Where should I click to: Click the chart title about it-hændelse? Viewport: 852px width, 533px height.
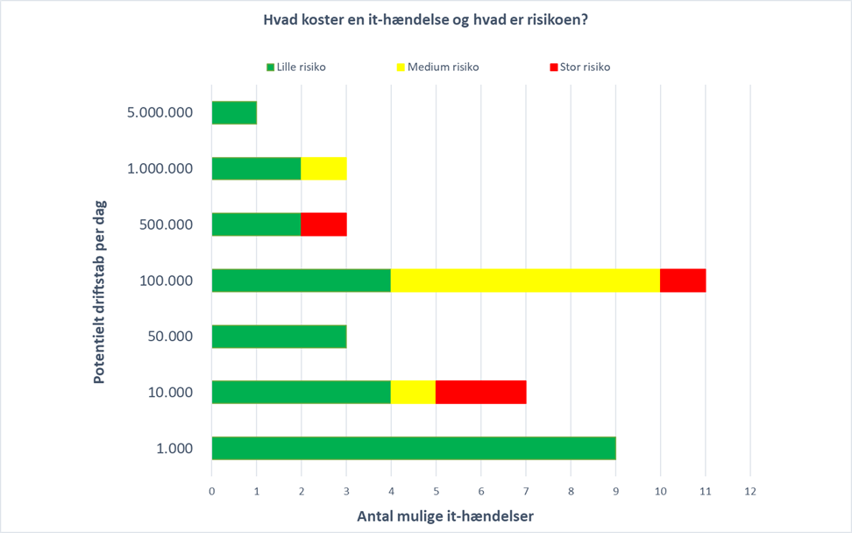[426, 20]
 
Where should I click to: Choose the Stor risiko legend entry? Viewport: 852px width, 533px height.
[579, 67]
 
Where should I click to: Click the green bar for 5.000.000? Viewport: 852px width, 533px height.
[234, 112]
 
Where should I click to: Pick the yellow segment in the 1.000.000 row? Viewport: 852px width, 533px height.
[323, 168]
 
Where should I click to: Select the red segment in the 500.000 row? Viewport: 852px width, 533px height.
[323, 224]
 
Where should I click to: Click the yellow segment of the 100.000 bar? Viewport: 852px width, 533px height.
[525, 281]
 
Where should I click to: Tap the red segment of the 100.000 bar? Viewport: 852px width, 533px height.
[683, 281]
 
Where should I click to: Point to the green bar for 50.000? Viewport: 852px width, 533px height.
[279, 337]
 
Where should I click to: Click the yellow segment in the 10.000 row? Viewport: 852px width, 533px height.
[413, 392]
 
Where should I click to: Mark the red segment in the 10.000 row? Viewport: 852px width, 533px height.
[480, 392]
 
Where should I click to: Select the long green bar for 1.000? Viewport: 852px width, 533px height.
[413, 448]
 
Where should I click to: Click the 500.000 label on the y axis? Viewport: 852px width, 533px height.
[167, 224]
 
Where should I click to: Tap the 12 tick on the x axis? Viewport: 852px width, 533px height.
[749, 491]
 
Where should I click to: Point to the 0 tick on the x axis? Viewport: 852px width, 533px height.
[211, 491]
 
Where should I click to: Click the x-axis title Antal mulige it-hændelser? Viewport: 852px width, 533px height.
[445, 516]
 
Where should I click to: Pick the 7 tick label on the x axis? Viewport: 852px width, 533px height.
[525, 491]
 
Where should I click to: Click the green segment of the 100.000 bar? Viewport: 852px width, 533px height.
[301, 281]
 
